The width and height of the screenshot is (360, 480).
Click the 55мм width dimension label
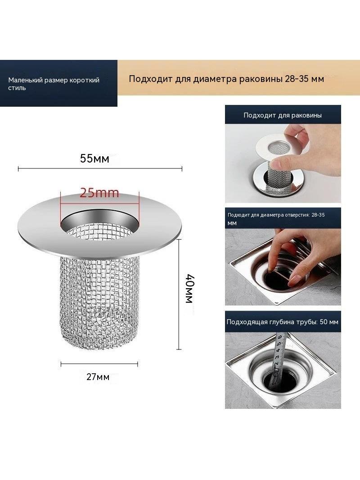[x=94, y=158]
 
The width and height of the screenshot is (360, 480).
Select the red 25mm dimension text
[x=99, y=193]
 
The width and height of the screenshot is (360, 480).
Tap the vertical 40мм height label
[x=189, y=289]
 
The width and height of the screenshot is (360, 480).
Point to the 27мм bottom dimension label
[x=98, y=377]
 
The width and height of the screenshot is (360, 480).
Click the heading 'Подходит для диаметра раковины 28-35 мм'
[x=226, y=79]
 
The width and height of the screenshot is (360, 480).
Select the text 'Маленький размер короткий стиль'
[x=54, y=84]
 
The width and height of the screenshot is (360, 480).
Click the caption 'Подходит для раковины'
[x=283, y=115]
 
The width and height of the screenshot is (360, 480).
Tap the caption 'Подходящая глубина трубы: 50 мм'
[x=283, y=322]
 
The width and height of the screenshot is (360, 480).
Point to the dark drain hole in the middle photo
[x=275, y=280]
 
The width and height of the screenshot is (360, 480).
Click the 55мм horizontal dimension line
[x=100, y=168]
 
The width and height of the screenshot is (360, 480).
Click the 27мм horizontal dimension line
[x=99, y=364]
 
